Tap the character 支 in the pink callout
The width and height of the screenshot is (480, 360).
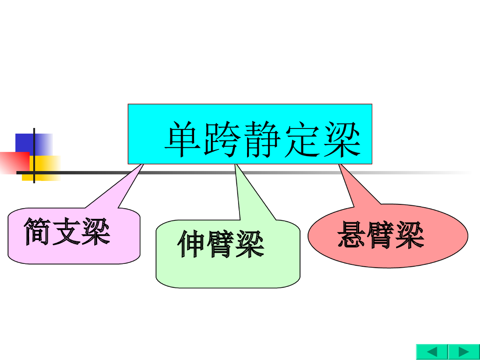coord(67,232)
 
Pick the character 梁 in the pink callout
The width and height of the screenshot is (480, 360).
coord(96,232)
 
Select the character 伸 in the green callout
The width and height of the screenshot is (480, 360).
coord(192,244)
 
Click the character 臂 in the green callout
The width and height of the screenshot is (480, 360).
coord(221,244)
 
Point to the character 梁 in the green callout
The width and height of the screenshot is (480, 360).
coord(250,244)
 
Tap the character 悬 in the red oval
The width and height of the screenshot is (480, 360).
coord(352,235)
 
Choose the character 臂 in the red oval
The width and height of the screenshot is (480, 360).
coord(380,235)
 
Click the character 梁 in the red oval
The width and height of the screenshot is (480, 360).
coord(409,235)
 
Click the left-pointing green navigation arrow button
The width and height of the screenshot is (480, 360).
coord(432,352)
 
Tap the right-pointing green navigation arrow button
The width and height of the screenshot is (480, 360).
coord(464,352)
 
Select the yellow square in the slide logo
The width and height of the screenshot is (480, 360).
coord(47,168)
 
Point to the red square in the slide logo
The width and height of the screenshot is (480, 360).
coord(14,162)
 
